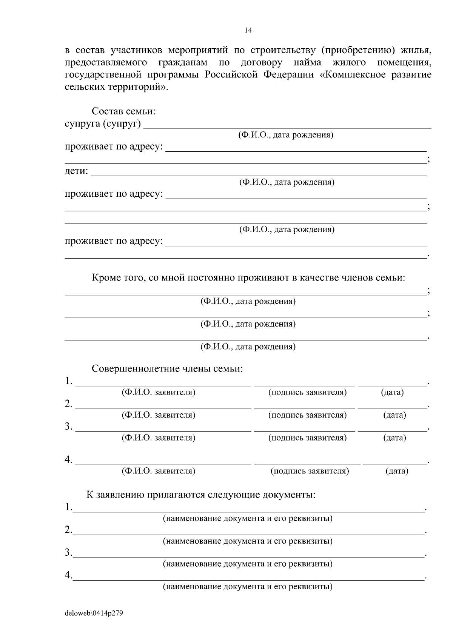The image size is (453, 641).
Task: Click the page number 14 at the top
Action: pos(248,31)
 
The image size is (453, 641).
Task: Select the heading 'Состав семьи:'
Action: pos(123,112)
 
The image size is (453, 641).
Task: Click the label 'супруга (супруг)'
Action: pos(103,124)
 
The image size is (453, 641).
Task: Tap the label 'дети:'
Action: pos(76,171)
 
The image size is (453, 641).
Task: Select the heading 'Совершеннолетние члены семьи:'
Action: pos(167,369)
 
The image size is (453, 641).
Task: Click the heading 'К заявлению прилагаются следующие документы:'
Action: pos(201,495)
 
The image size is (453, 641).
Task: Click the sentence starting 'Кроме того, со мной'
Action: pos(248,278)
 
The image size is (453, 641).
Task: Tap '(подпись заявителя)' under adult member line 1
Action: pos(307,392)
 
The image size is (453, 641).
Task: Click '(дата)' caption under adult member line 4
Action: pos(397,471)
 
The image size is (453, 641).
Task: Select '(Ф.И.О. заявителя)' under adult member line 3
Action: pos(158,438)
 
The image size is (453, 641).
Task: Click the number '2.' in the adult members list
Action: pos(68,404)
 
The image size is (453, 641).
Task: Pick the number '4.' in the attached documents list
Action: pos(68,575)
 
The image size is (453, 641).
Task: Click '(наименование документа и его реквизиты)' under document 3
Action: pos(248,564)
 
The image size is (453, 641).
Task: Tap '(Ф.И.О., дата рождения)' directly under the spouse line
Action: pos(285,135)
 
